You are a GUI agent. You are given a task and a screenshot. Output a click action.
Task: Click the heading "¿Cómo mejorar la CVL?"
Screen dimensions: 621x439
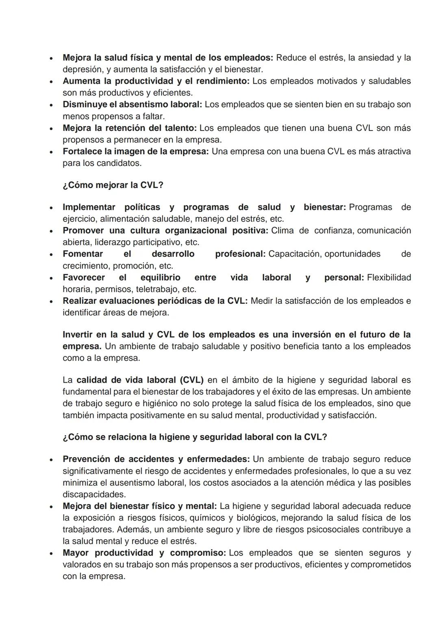[113, 185]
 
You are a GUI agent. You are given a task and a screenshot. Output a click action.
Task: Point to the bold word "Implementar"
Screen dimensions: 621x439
[89, 207]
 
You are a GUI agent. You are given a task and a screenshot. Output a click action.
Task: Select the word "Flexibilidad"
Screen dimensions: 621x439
[389, 278]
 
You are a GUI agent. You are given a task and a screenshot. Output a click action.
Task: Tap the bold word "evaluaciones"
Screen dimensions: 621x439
[125, 301]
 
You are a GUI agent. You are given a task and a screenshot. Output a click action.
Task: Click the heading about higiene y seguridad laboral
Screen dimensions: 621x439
[195, 437]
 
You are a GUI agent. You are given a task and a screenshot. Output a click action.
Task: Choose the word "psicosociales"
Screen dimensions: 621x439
[360, 530]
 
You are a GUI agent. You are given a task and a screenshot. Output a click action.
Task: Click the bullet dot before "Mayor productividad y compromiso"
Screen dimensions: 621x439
[51, 553]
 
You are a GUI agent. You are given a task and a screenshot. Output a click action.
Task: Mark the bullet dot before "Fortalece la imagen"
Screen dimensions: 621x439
[51, 152]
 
